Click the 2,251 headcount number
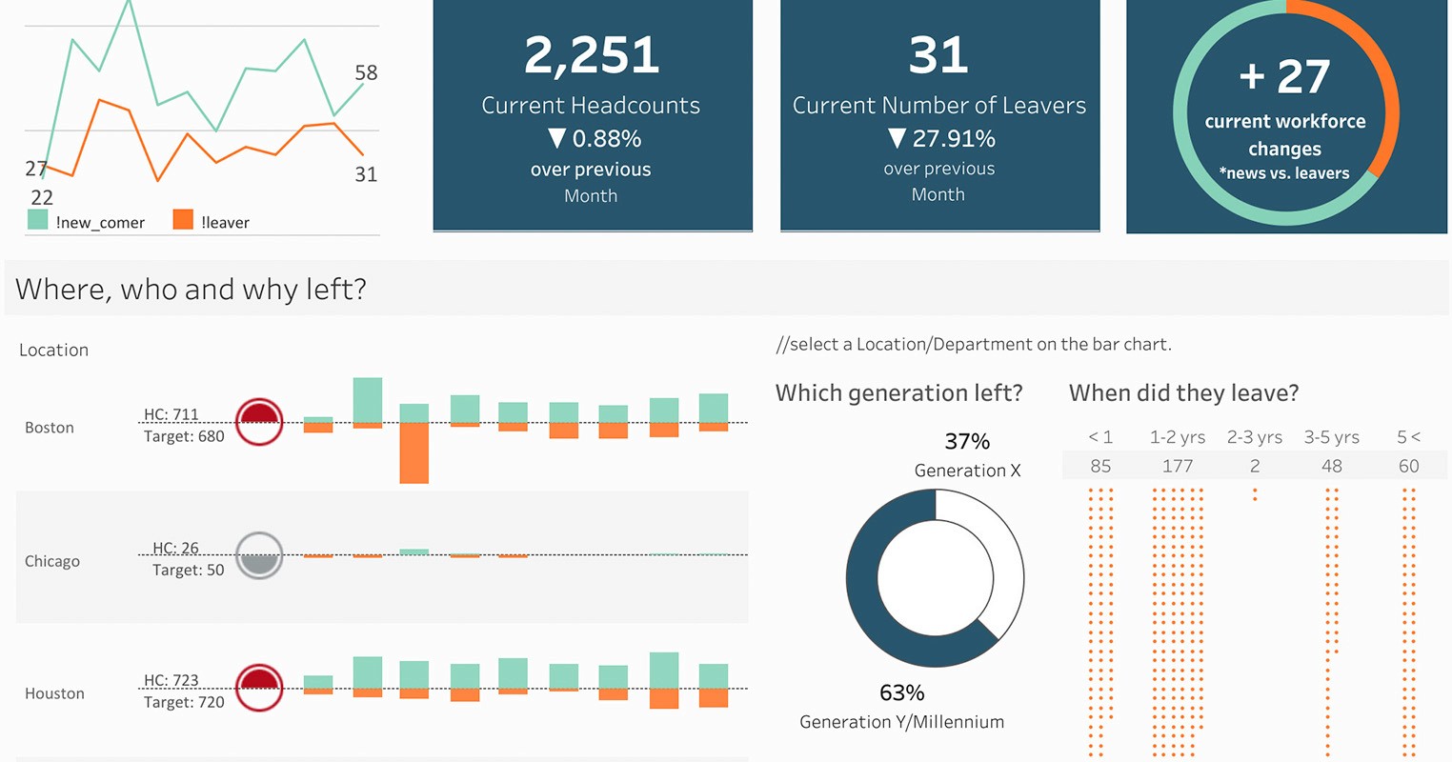pos(591,55)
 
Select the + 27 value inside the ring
pos(1284,77)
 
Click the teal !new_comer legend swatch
pos(38,220)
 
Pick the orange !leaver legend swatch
pos(183,220)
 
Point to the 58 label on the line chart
pos(366,72)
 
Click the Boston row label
pos(50,428)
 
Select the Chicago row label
pos(52,561)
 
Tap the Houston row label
pos(54,693)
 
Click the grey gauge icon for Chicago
pos(259,555)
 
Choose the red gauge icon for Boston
pos(259,422)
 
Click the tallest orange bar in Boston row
pos(413,452)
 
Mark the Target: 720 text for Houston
pos(184,702)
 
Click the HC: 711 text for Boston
pos(171,414)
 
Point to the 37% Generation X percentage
pos(967,441)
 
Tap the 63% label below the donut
pos(901,692)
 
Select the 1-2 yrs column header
pos(1178,437)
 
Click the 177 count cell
pos(1178,466)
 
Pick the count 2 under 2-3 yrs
pos(1255,466)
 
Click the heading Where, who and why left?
pos(191,289)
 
